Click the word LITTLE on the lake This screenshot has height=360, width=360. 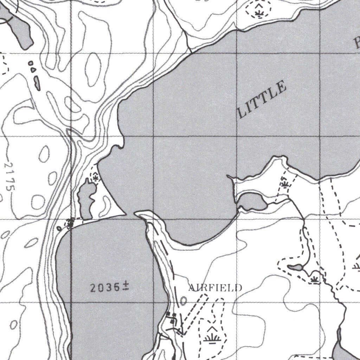(262, 99)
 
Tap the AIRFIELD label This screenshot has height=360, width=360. (215, 288)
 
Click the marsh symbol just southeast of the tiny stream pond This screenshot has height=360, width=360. (314, 279)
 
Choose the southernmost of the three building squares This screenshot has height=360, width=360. (172, 321)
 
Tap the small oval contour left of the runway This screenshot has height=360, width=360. (183, 301)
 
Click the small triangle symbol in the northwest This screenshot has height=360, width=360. (33, 70)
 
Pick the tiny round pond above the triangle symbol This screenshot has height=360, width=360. (31, 63)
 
